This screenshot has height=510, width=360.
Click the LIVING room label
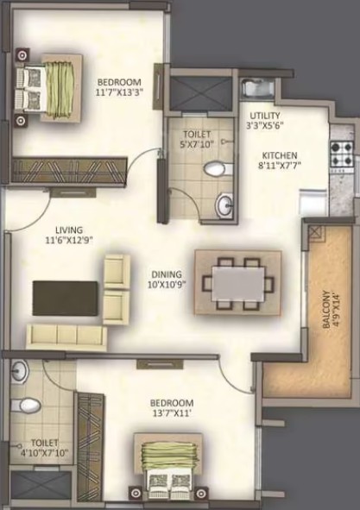point(69,230)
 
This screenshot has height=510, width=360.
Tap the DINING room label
point(167,274)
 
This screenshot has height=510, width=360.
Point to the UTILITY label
point(265,115)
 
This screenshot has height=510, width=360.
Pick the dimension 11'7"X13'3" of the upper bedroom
point(119,92)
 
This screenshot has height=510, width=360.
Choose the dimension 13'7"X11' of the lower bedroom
point(172,413)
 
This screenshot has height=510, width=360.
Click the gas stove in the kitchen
point(342,153)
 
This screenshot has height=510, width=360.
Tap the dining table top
point(238,284)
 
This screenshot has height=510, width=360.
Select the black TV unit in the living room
point(65,299)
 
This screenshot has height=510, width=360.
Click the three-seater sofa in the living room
point(66,337)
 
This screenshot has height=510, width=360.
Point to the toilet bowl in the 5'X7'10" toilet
point(218,169)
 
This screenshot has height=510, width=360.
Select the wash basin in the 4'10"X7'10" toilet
point(20,371)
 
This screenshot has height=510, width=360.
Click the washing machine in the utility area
point(258,88)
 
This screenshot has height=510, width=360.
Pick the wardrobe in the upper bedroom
point(69,170)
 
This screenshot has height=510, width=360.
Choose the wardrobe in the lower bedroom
point(91,450)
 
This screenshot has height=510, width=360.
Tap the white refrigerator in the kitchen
point(313,203)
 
